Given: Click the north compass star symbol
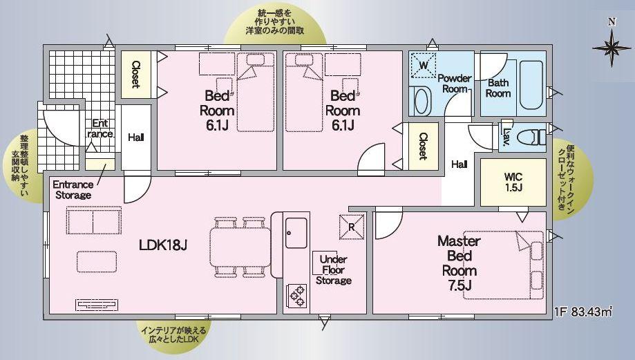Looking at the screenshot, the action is (x=612, y=48).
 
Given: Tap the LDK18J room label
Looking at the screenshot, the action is (x=163, y=245).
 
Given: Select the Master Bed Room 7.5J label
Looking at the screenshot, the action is (x=459, y=263).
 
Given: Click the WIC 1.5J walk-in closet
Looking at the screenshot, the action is (x=513, y=182).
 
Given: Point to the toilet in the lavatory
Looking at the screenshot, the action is (x=532, y=137).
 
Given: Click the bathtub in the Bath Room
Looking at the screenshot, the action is (x=531, y=85).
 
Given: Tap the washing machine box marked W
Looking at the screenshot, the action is (x=424, y=65).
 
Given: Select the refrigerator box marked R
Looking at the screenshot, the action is (x=352, y=227).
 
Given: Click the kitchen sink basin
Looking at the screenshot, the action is (x=296, y=233).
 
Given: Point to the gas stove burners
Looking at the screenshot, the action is (x=296, y=296).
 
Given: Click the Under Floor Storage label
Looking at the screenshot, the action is (x=333, y=269).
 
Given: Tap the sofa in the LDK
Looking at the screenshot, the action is (x=94, y=220).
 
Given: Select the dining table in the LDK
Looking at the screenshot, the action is (x=240, y=247).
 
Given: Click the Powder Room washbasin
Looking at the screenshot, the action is (x=421, y=102).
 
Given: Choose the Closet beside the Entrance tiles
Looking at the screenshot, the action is (x=136, y=75).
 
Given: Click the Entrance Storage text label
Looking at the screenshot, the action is (x=73, y=189).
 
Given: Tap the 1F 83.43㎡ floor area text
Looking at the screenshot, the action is (x=583, y=312).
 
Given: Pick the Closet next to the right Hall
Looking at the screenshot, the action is (x=423, y=146).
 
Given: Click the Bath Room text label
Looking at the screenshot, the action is (x=497, y=88).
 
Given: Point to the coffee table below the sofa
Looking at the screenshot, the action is (x=97, y=262).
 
